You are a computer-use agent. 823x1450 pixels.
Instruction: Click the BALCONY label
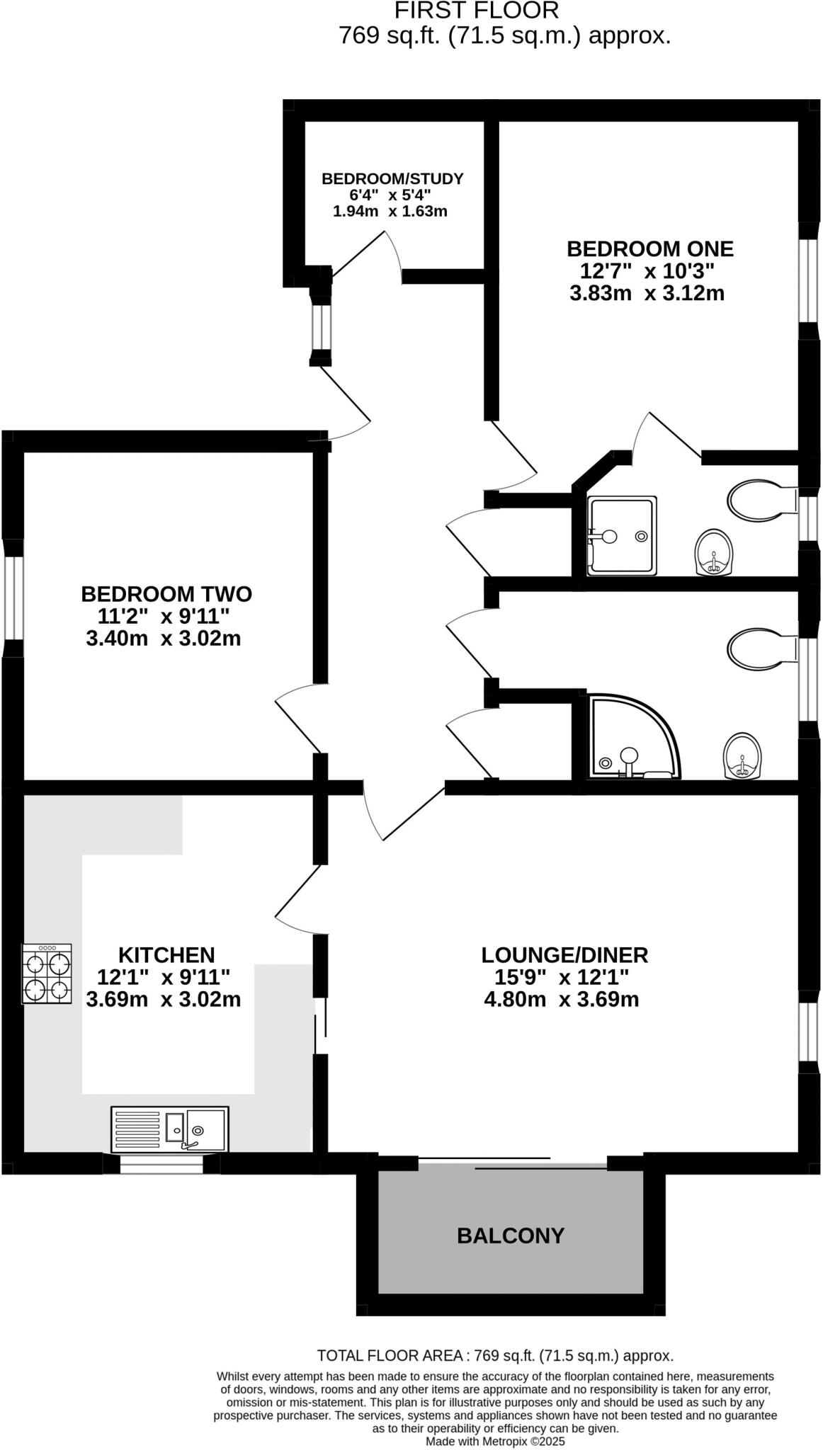pyautogui.click(x=510, y=1235)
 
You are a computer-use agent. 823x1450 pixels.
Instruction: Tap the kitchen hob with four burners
pyautogui.click(x=47, y=974)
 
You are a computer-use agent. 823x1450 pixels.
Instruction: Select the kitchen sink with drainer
pyautogui.click(x=170, y=1129)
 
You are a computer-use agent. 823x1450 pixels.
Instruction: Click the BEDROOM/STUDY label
pyautogui.click(x=392, y=178)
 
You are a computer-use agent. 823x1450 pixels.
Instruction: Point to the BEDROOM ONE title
pyautogui.click(x=649, y=249)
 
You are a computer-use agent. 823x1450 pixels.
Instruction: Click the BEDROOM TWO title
pyautogui.click(x=166, y=593)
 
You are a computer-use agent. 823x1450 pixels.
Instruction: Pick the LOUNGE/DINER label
pyautogui.click(x=564, y=954)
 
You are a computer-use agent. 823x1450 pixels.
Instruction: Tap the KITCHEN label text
pyautogui.click(x=166, y=954)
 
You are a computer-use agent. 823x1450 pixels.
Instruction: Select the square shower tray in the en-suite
pyautogui.click(x=622, y=535)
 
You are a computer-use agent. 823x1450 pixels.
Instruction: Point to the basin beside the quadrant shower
pyautogui.click(x=743, y=756)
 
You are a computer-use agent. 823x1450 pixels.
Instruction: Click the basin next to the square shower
pyautogui.click(x=714, y=553)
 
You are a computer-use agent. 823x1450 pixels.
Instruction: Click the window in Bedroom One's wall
pyautogui.click(x=808, y=281)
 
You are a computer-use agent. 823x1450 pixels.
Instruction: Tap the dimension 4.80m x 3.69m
pyautogui.click(x=560, y=999)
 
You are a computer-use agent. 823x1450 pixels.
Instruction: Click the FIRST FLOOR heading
pyautogui.click(x=477, y=11)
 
